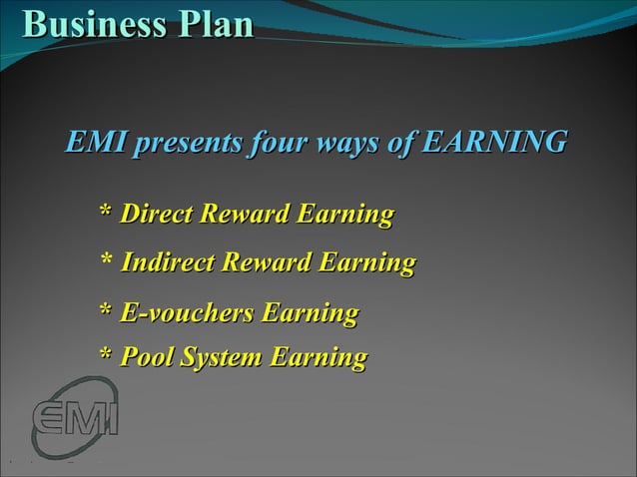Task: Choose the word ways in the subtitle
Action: pos(348,143)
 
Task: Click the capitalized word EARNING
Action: pos(493,143)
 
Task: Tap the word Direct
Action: pos(158,214)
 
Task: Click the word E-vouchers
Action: pos(186,314)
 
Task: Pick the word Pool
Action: pos(147,357)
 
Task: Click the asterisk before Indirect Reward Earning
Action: pos(106,261)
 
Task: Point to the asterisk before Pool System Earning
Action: pos(106,355)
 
